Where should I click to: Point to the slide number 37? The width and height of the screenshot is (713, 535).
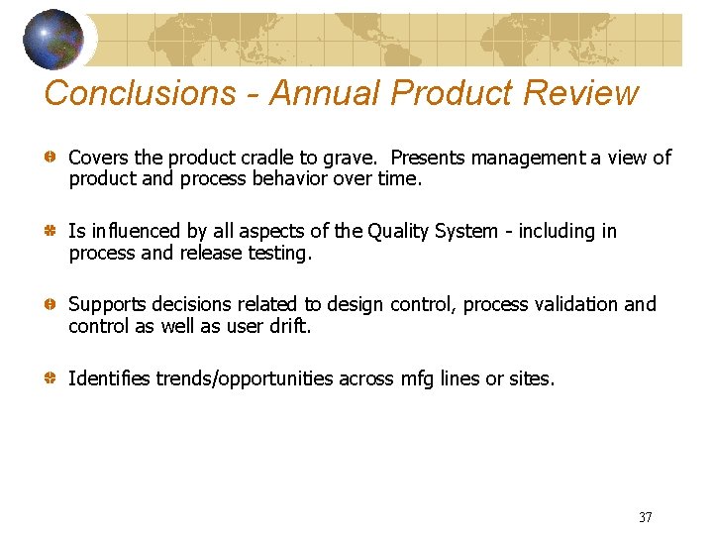click(646, 517)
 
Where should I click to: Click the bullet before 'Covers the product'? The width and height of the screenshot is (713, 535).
click(49, 158)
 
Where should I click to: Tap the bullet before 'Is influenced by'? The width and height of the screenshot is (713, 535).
click(49, 231)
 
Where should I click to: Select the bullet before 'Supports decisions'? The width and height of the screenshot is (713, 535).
click(49, 304)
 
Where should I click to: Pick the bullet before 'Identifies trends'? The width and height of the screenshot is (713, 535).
click(49, 378)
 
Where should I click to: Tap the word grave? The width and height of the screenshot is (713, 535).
click(355, 158)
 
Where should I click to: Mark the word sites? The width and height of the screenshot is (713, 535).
click(532, 378)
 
